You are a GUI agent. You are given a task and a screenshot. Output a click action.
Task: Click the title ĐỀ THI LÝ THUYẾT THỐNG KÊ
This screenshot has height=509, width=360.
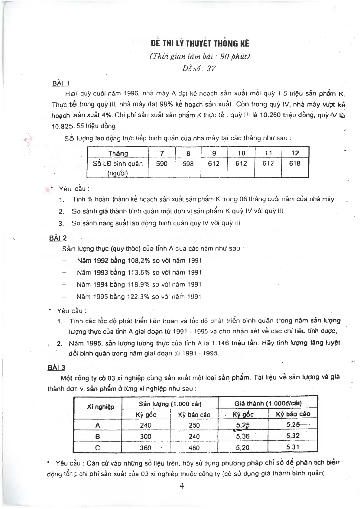200,44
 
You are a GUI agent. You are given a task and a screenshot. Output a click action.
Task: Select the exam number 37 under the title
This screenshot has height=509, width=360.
211,69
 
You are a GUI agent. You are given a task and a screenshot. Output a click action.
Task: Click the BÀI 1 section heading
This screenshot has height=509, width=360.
61,83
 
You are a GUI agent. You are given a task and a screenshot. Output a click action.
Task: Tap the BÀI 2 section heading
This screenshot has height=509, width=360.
58,238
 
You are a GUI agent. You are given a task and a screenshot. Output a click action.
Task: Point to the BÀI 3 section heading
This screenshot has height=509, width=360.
56,368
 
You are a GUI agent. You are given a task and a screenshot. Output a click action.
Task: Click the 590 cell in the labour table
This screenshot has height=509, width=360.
162,164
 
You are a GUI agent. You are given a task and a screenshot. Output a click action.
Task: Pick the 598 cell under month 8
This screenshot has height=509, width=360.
188,164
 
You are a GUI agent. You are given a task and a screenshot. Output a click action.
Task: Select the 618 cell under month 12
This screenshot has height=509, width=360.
295,163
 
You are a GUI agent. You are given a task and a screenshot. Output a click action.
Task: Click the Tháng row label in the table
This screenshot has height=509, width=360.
118,153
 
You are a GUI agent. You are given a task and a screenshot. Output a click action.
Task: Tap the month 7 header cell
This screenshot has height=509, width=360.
162,153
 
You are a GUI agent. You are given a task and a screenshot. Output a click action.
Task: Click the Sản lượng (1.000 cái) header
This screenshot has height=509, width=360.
170,404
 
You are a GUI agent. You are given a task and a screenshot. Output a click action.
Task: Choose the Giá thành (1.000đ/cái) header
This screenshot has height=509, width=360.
268,403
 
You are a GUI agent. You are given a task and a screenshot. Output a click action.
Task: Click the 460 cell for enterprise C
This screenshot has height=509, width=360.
194,448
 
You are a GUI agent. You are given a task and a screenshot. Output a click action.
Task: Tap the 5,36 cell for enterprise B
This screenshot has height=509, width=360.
243,436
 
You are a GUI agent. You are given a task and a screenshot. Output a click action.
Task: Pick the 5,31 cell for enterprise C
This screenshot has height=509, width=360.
293,447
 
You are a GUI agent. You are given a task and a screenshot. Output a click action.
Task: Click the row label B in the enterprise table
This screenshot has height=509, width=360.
98,436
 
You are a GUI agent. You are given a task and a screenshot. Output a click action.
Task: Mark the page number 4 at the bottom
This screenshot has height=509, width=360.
182,486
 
